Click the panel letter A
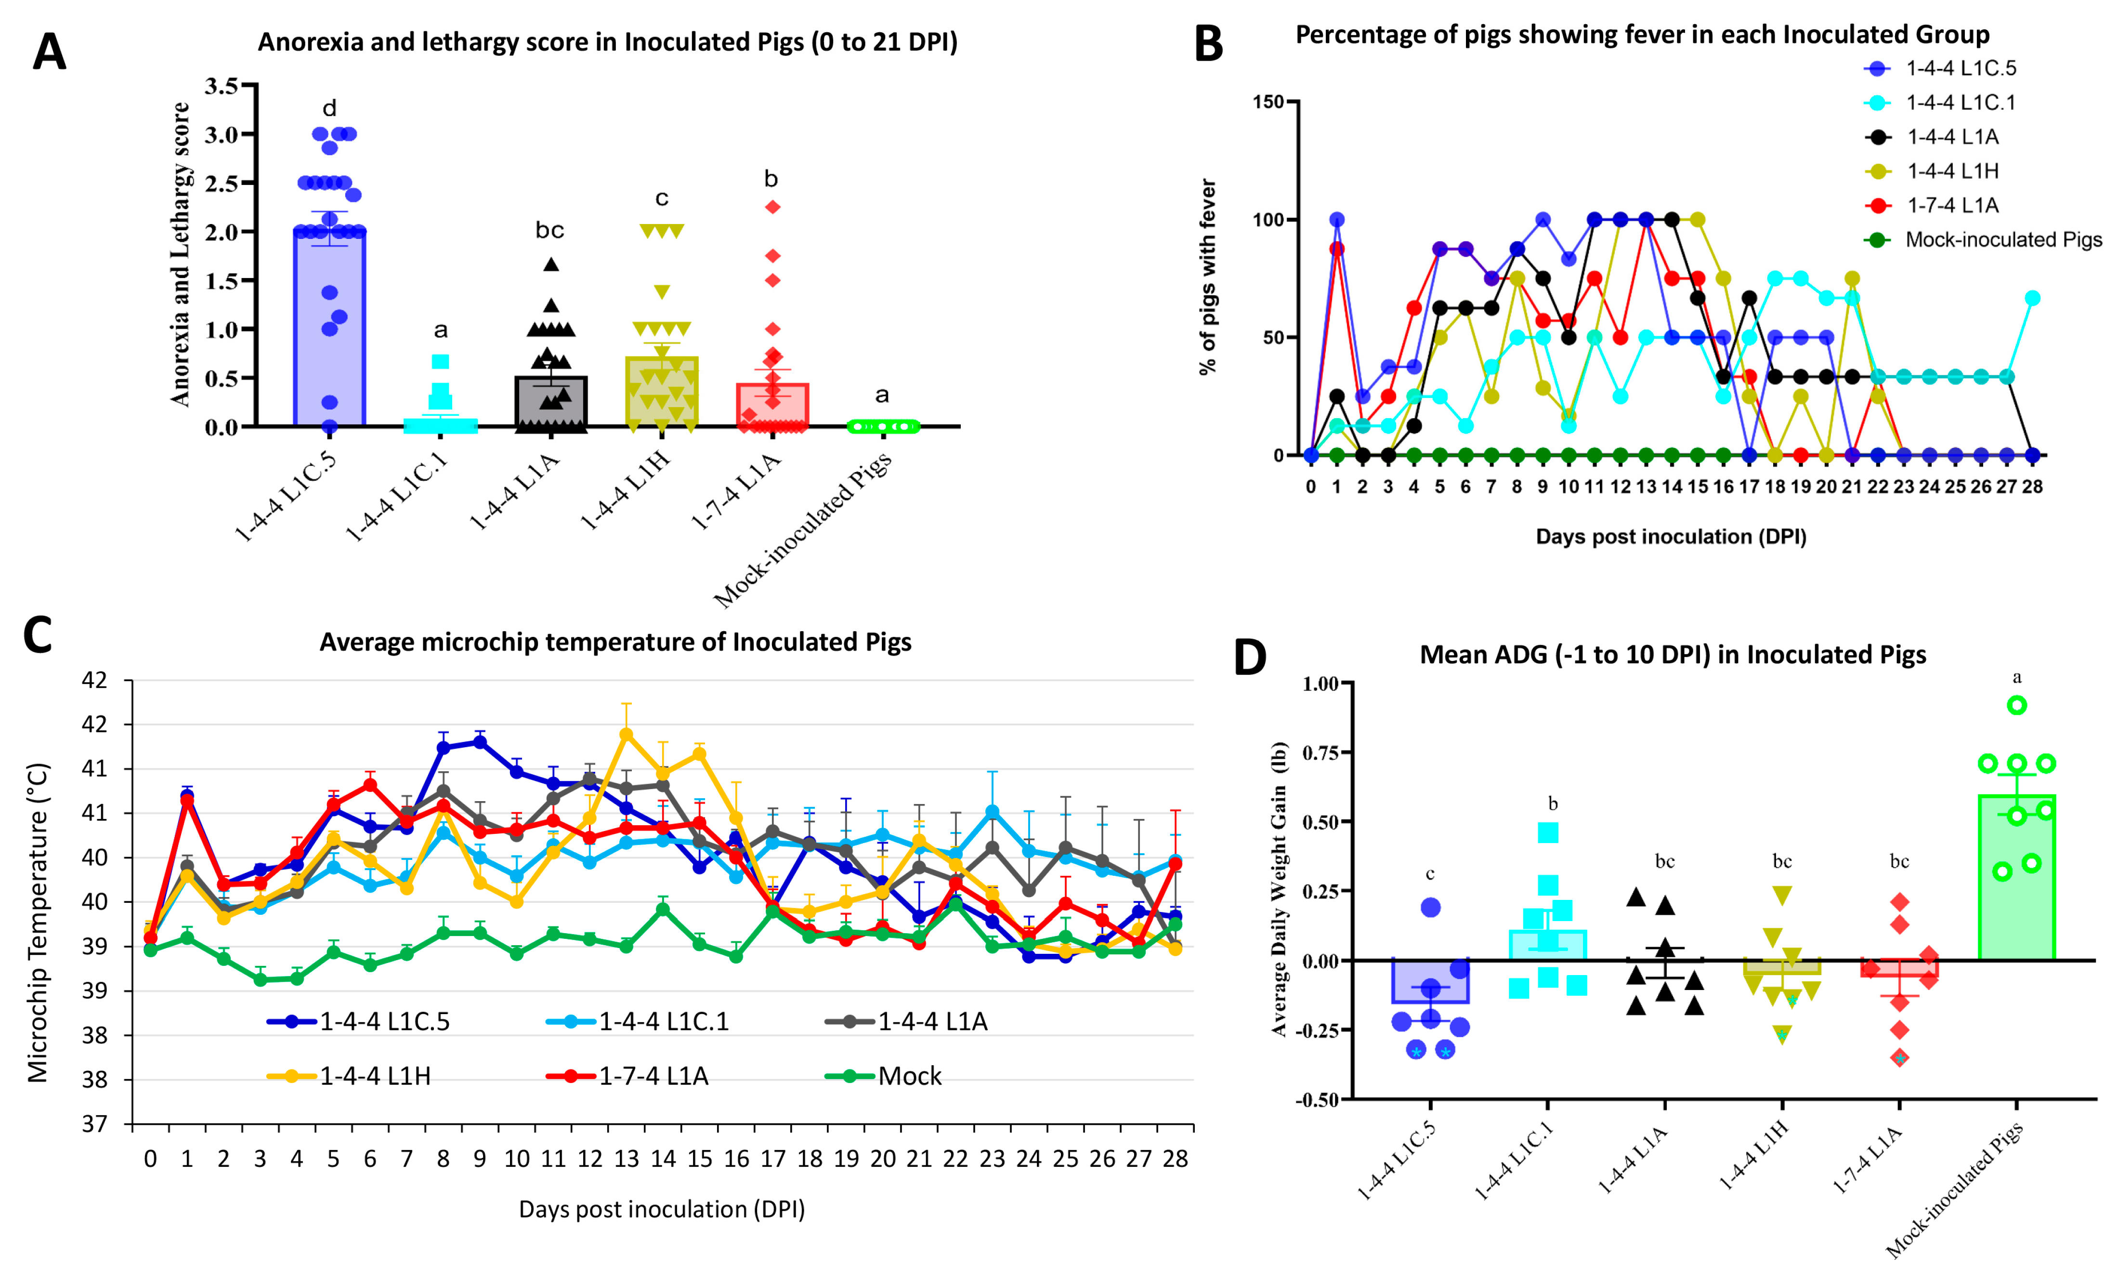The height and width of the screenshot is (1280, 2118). click(x=49, y=52)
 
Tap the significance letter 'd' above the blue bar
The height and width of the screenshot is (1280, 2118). click(x=329, y=108)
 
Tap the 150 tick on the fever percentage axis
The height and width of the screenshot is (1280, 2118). click(x=1268, y=102)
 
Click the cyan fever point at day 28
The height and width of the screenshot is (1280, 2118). click(x=2032, y=298)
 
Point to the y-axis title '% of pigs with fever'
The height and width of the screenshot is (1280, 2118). click(x=1208, y=277)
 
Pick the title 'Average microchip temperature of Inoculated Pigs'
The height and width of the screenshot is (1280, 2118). click(x=615, y=642)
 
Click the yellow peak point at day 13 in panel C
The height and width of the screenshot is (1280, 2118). click(x=627, y=734)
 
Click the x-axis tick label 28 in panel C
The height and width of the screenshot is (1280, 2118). click(x=1175, y=1159)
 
